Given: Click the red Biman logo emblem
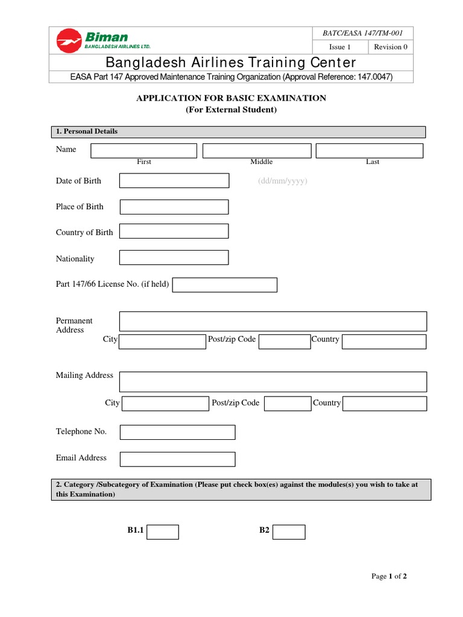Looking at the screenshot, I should pyautogui.click(x=68, y=41).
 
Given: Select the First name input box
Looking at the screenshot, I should pyautogui.click(x=144, y=151).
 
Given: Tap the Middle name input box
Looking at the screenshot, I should pyautogui.click(x=257, y=151).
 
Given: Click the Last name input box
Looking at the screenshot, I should pyautogui.click(x=369, y=151).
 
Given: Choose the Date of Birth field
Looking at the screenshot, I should pyautogui.click(x=174, y=181).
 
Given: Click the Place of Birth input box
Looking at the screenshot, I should pyautogui.click(x=174, y=207).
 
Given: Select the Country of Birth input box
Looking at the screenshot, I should pyautogui.click(x=174, y=231).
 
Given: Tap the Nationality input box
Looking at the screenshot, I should pyautogui.click(x=174, y=258).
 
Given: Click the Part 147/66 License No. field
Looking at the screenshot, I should pyautogui.click(x=225, y=285).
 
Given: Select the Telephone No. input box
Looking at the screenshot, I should pyautogui.click(x=178, y=432).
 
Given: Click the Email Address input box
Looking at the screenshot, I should pyautogui.click(x=178, y=459).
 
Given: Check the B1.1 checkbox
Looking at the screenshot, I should pyautogui.click(x=163, y=532).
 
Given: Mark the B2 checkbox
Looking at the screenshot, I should pyautogui.click(x=289, y=532).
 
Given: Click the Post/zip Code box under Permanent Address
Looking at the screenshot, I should pyautogui.click(x=285, y=342).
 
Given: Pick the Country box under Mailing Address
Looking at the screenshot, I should pyautogui.click(x=385, y=404).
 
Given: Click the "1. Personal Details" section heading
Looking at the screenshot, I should pyautogui.click(x=87, y=131).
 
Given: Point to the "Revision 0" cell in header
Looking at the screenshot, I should pyautogui.click(x=391, y=47).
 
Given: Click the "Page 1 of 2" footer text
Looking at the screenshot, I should pyautogui.click(x=389, y=577).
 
